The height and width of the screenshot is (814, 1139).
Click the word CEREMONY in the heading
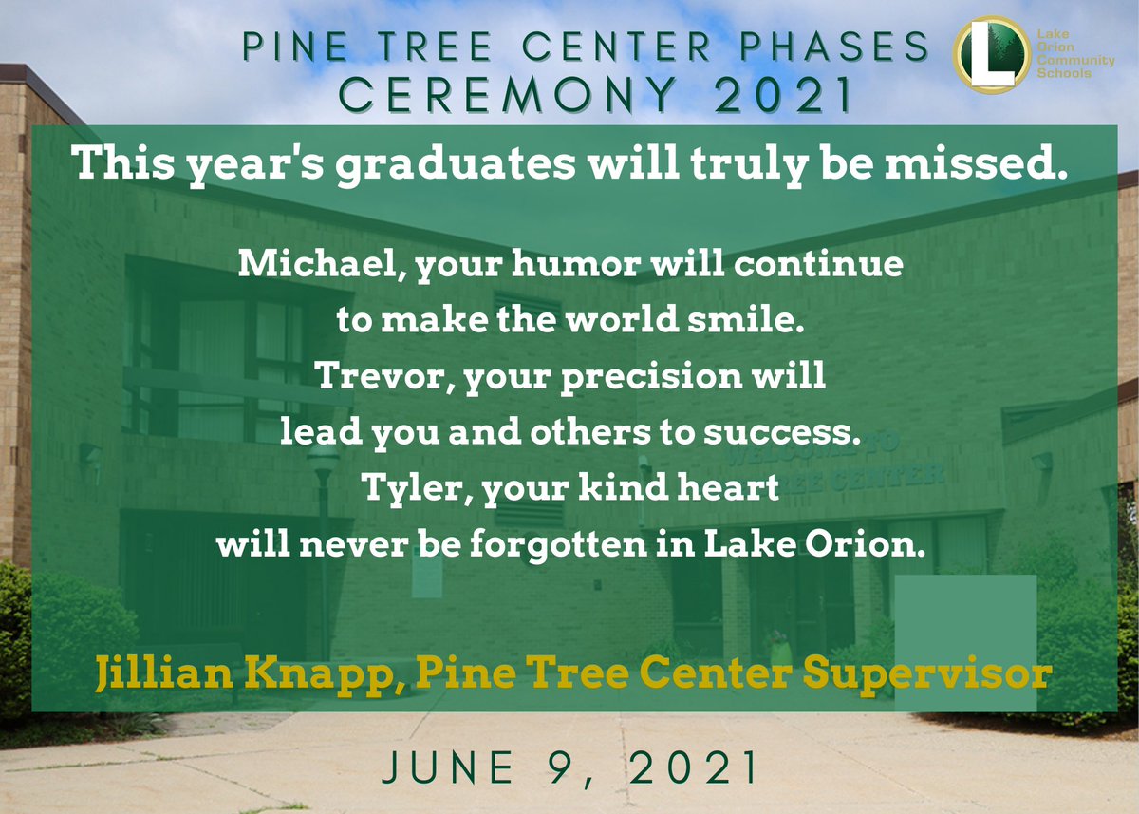click(x=474, y=94)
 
